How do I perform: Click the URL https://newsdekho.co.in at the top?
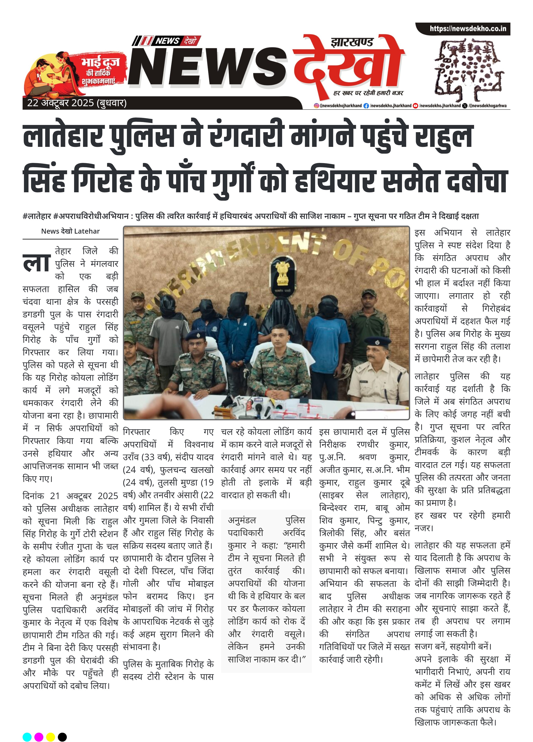pos(468,29)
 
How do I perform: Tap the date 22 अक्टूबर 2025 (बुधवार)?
pos(77,103)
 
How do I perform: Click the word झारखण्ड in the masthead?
pos(351,42)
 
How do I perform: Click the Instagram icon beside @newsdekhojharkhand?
pos(316,106)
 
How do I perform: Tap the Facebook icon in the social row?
pos(366,106)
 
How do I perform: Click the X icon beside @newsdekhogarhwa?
pos(465,106)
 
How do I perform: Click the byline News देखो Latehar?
pos(70,231)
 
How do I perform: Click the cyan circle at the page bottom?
pos(27,737)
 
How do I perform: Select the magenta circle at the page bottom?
pos(39,737)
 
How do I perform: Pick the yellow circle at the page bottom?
pos(50,737)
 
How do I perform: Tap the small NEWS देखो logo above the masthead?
pos(166,41)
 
